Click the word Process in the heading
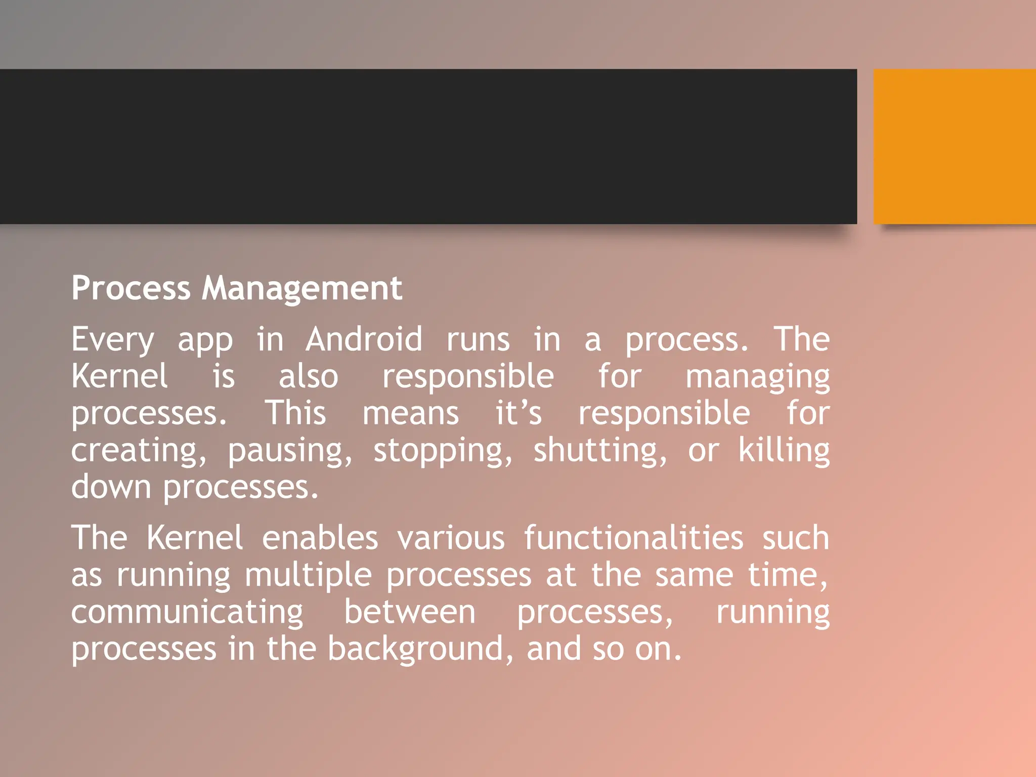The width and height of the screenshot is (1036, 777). click(x=131, y=288)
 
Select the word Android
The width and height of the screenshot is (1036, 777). click(x=364, y=339)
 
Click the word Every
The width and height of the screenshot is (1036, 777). click(x=112, y=340)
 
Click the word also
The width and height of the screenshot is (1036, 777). click(x=308, y=377)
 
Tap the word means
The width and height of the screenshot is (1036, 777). click(x=411, y=414)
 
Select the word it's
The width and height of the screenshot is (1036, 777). click(x=519, y=413)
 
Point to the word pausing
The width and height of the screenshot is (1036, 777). click(x=289, y=452)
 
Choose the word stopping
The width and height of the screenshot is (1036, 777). click(x=443, y=452)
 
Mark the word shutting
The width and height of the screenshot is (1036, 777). click(x=600, y=452)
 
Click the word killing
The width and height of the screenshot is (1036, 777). click(x=784, y=451)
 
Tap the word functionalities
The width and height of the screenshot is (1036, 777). click(x=633, y=538)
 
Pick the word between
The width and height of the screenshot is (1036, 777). click(x=410, y=612)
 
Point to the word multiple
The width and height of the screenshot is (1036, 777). click(x=308, y=576)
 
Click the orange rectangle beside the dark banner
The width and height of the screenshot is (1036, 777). click(x=955, y=147)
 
